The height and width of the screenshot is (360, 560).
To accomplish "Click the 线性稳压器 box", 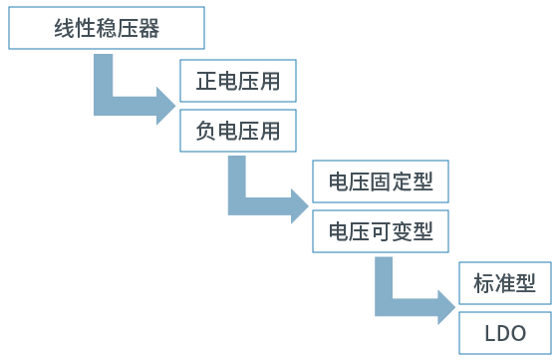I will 107,29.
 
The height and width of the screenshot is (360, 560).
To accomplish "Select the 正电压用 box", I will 238,81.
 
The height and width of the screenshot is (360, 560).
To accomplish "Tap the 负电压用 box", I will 238,131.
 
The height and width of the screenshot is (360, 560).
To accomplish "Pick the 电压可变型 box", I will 381,232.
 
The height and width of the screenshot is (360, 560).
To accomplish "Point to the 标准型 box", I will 505,284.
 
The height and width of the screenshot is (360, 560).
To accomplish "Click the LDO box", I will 505,333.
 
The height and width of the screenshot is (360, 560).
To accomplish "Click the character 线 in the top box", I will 65,29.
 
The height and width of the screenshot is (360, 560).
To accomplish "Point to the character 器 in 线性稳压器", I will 148,29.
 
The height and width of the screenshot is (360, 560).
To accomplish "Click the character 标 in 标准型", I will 484,284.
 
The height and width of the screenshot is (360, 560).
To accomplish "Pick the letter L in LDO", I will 487,333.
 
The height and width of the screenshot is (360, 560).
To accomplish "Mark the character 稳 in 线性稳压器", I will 107,29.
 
